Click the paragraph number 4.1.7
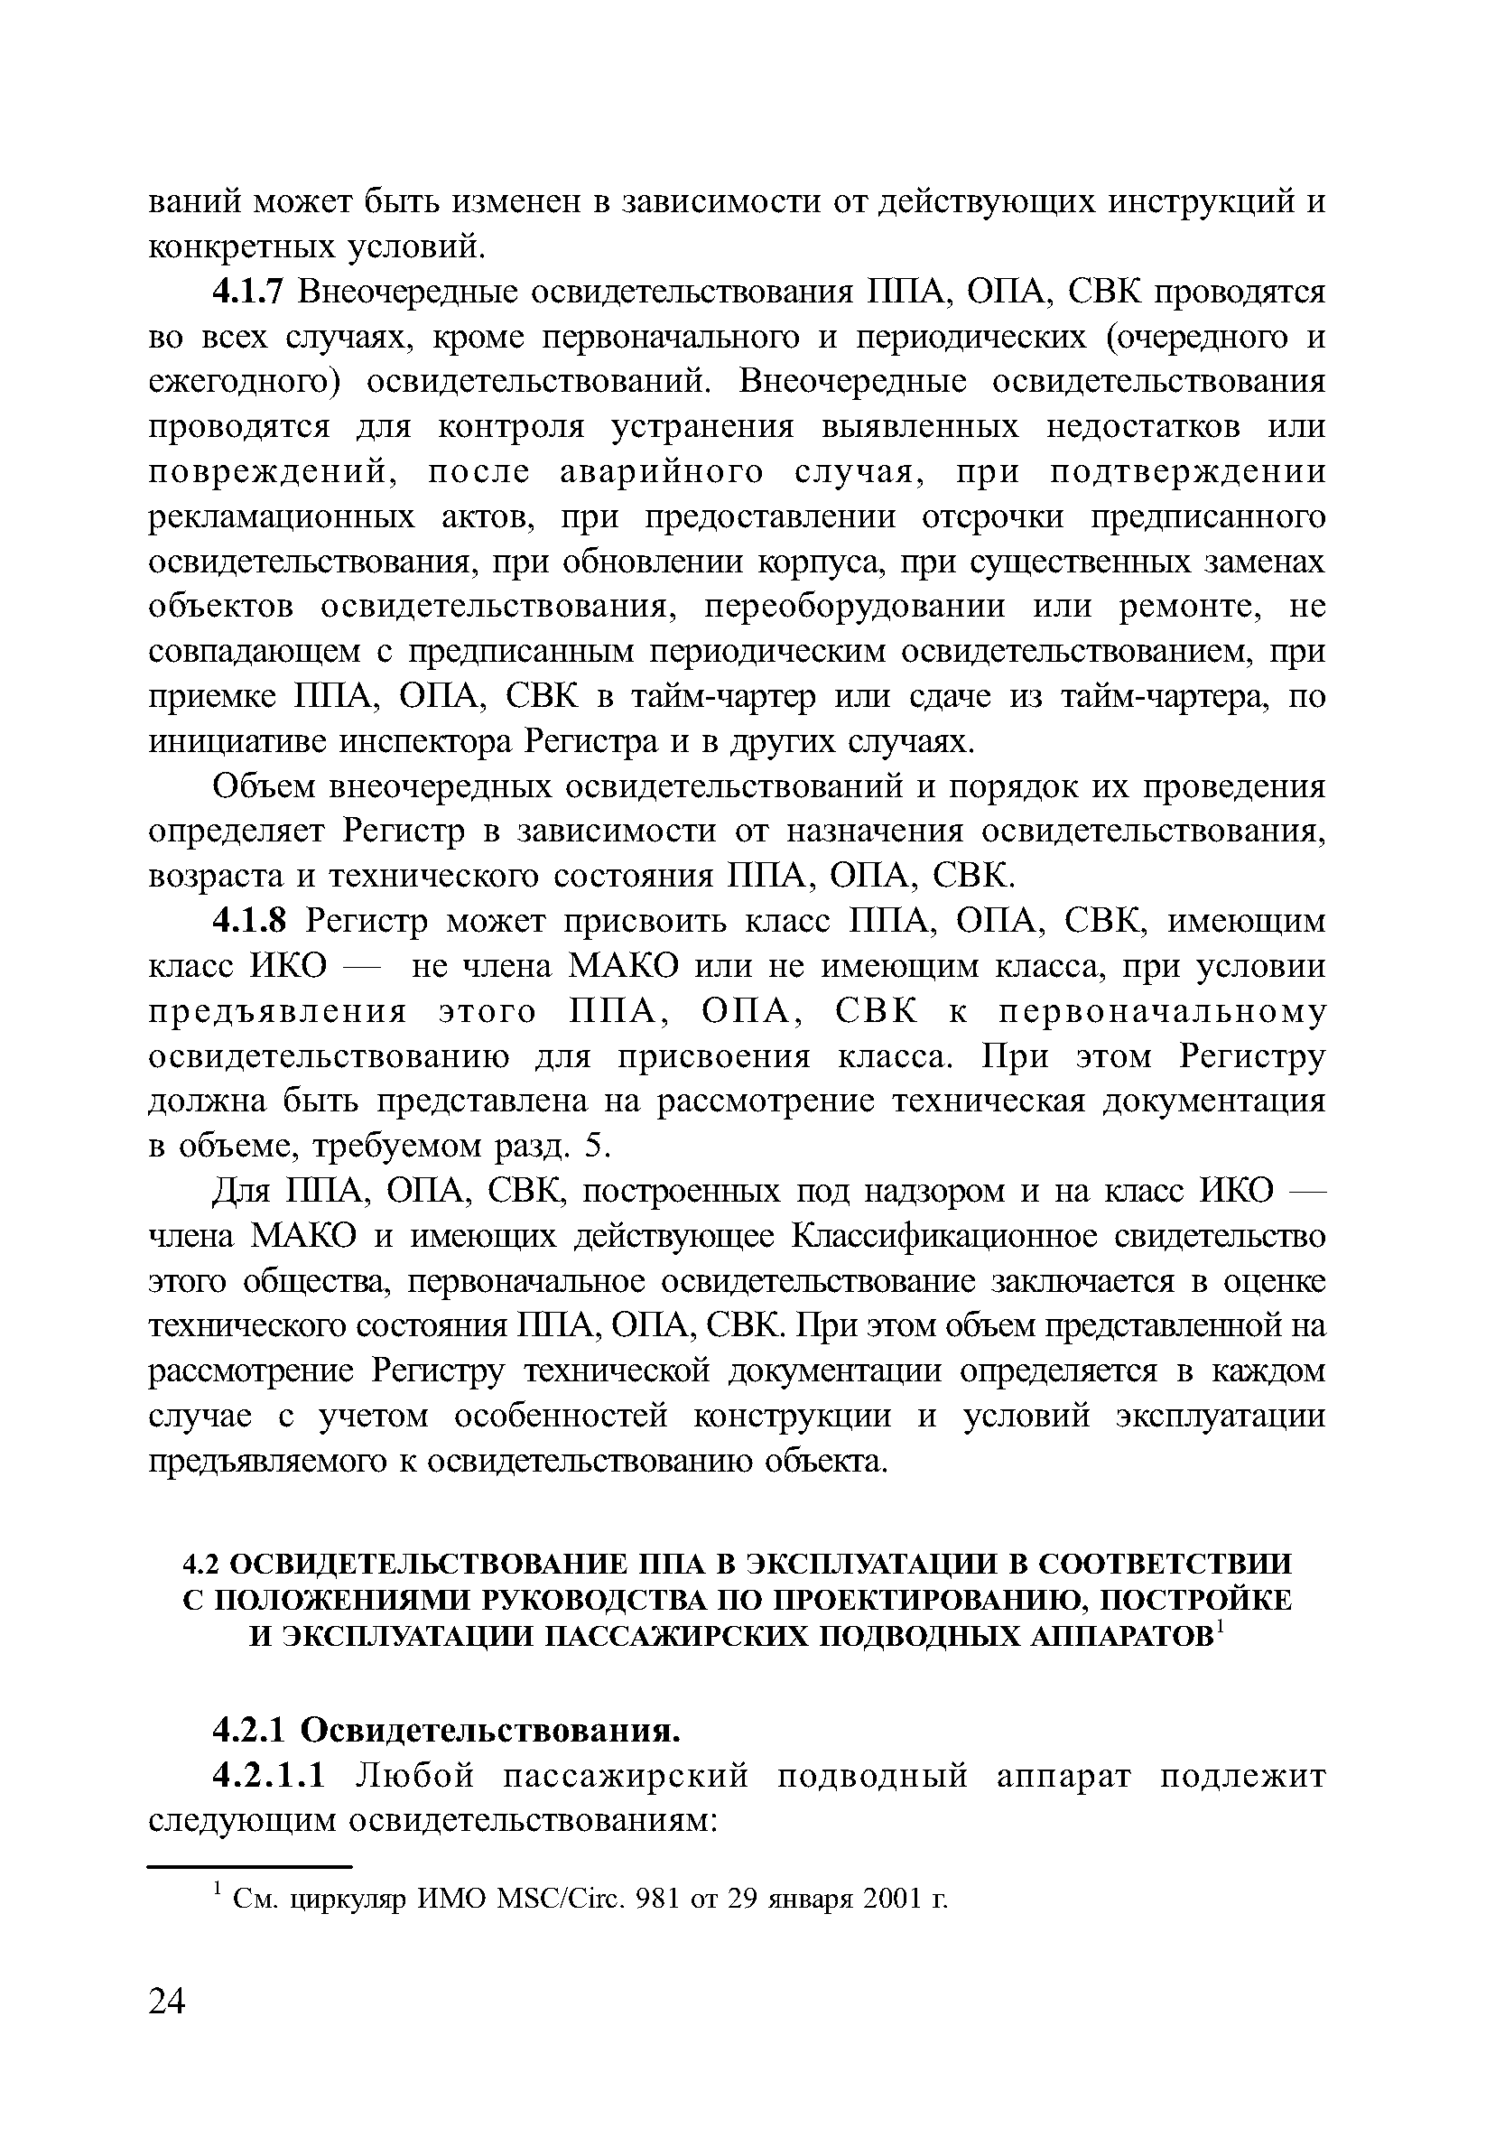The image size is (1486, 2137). (x=246, y=293)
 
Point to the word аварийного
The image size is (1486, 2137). (x=662, y=473)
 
